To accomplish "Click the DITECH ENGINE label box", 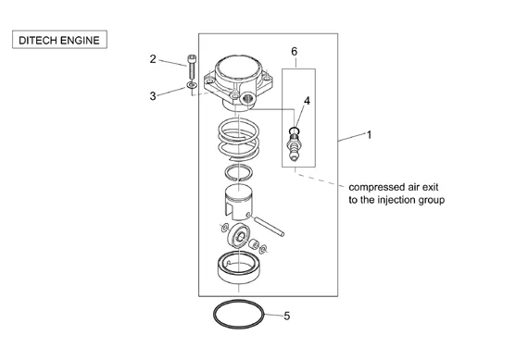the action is pyautogui.click(x=59, y=40).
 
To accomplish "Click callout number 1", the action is pyautogui.click(x=369, y=135).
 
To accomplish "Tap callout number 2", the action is pyautogui.click(x=153, y=59).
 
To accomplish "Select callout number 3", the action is pyautogui.click(x=153, y=96).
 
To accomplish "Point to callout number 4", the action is pyautogui.click(x=307, y=101).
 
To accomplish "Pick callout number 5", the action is pyautogui.click(x=287, y=316).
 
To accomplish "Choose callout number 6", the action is pyautogui.click(x=294, y=52).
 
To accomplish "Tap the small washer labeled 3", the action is pyautogui.click(x=191, y=85).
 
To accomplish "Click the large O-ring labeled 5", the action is pyautogui.click(x=213, y=315).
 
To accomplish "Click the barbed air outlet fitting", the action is pyautogui.click(x=294, y=147).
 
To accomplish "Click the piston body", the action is pyautogui.click(x=239, y=202).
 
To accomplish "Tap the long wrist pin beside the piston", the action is pyautogui.click(x=270, y=227).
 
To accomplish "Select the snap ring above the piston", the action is pyautogui.click(x=226, y=172).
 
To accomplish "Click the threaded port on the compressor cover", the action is pyautogui.click(x=247, y=99).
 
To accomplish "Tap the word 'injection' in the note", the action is pyautogui.click(x=396, y=200).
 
